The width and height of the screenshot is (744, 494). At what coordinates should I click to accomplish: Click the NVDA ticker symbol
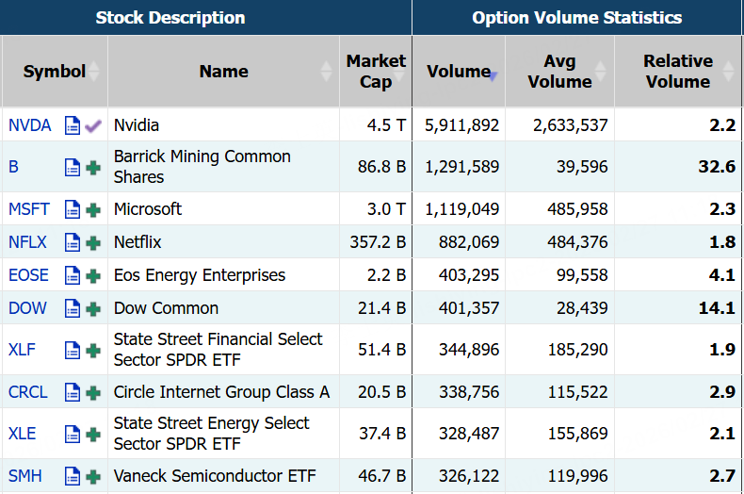pyautogui.click(x=29, y=125)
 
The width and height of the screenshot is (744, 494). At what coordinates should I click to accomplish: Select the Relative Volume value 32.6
pyautogui.click(x=718, y=167)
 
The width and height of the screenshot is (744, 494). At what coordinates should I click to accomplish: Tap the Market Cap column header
pyautogui.click(x=376, y=72)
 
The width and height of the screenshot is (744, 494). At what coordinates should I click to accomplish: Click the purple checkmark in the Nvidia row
pyautogui.click(x=93, y=125)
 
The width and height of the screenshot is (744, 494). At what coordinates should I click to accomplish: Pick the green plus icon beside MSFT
pyautogui.click(x=93, y=209)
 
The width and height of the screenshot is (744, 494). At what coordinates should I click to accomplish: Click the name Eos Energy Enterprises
pyautogui.click(x=199, y=275)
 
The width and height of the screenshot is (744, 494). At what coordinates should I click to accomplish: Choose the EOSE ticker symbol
pyautogui.click(x=28, y=275)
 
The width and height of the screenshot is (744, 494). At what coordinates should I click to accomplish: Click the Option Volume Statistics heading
pyautogui.click(x=576, y=18)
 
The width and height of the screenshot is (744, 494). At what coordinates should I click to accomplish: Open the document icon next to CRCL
pyautogui.click(x=73, y=392)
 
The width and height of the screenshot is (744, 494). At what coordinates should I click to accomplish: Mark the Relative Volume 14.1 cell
pyautogui.click(x=718, y=308)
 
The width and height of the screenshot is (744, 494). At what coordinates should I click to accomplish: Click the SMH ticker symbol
pyautogui.click(x=25, y=476)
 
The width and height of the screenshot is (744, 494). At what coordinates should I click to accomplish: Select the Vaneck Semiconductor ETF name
pyautogui.click(x=215, y=476)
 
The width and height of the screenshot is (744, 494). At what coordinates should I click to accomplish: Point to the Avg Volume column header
pyautogui.click(x=559, y=72)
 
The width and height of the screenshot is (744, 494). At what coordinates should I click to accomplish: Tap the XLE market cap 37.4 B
pyautogui.click(x=381, y=434)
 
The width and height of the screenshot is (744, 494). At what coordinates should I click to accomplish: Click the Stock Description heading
pyautogui.click(x=170, y=18)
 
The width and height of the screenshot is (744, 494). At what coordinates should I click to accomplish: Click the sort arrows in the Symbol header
pyautogui.click(x=98, y=72)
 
